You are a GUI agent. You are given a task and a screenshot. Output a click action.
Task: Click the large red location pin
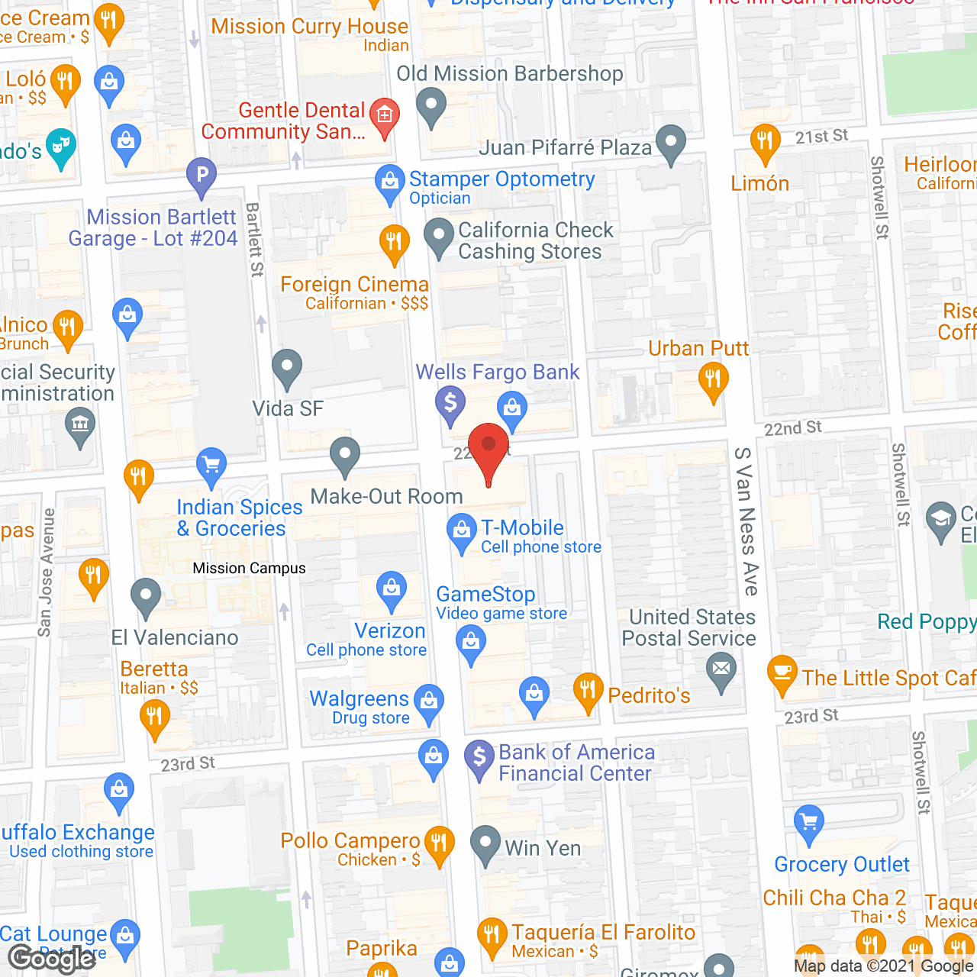[488, 450]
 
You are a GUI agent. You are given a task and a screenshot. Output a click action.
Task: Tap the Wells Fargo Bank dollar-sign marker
[450, 402]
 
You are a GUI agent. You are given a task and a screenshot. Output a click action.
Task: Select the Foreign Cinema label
[354, 285]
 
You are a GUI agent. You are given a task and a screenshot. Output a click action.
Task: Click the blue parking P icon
[202, 175]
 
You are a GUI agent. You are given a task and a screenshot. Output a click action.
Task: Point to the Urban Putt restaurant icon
[713, 379]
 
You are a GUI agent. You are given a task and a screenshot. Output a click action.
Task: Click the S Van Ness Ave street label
[746, 521]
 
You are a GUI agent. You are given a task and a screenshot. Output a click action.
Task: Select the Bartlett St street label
[255, 240]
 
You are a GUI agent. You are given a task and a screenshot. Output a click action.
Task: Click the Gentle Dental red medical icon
[385, 116]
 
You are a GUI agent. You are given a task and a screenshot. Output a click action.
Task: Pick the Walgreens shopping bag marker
[429, 700]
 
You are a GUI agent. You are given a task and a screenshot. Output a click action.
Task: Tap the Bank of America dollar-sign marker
[479, 757]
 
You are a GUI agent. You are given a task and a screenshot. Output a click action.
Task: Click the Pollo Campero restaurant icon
[439, 843]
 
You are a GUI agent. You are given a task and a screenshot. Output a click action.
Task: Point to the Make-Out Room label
[386, 497]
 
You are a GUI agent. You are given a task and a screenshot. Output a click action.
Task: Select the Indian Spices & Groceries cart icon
[211, 465]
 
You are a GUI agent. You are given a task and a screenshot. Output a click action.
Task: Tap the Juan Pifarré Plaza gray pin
[671, 142]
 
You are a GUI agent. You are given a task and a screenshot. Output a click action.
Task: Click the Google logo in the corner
[52, 959]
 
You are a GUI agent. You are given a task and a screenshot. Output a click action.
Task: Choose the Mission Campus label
[249, 569]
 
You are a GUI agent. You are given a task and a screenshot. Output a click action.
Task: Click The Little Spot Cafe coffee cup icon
[782, 672]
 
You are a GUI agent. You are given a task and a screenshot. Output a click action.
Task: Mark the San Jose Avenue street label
[46, 572]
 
